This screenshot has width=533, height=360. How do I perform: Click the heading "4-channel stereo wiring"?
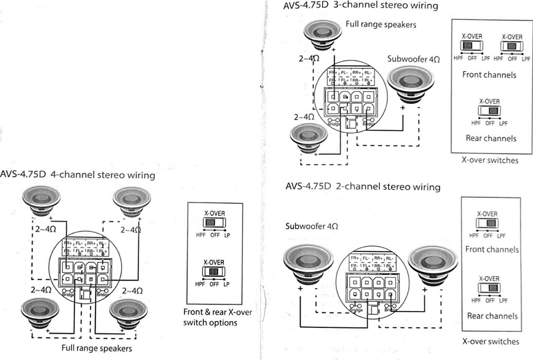pos(102,175)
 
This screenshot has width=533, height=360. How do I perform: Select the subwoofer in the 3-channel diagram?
pos(411,83)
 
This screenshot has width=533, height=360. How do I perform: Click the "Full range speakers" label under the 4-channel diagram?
pos(97,348)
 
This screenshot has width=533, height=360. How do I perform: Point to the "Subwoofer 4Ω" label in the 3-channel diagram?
pos(413,59)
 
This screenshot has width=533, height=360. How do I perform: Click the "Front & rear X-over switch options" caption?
pos(217,317)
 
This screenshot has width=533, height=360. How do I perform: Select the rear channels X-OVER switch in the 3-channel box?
pos(489,111)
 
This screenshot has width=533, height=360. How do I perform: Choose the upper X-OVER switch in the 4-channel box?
pos(214,223)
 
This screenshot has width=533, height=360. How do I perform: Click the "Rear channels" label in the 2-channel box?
pos(492,316)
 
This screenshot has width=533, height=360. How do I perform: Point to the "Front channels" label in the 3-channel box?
pos(489,75)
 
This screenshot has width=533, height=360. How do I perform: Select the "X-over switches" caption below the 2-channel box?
pos(490,341)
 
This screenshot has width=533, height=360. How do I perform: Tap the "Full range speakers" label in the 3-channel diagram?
pos(381,25)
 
